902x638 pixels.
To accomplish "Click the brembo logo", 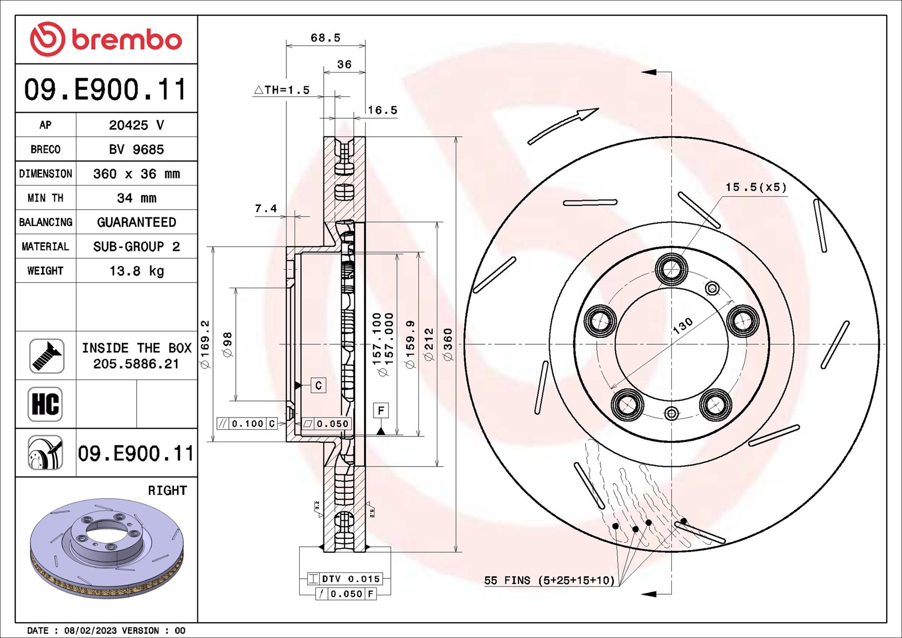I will click(106, 39).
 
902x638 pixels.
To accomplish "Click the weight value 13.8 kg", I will click(136, 271).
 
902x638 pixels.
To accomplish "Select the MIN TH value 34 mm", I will click(136, 198).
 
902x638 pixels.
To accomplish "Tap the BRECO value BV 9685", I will click(136, 149).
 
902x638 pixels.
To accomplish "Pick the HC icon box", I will click(45, 404).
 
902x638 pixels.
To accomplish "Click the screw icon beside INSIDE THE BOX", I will click(46, 356).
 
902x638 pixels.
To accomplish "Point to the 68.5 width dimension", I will click(325, 38).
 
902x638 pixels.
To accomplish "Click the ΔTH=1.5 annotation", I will click(282, 90).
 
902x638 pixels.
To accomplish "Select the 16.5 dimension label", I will click(382, 110).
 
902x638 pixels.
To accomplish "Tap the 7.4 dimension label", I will click(265, 208).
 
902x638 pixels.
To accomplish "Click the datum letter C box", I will click(318, 385).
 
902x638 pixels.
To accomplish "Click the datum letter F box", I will click(381, 410).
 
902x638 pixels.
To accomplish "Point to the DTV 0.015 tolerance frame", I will click(345, 579).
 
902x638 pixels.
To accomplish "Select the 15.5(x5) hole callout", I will click(756, 187).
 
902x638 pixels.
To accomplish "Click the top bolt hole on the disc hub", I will click(671, 269).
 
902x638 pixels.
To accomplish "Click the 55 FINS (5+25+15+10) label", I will click(549, 580).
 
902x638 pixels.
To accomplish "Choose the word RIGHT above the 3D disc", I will click(167, 490).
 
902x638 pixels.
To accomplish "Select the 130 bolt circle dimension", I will click(682, 326).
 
